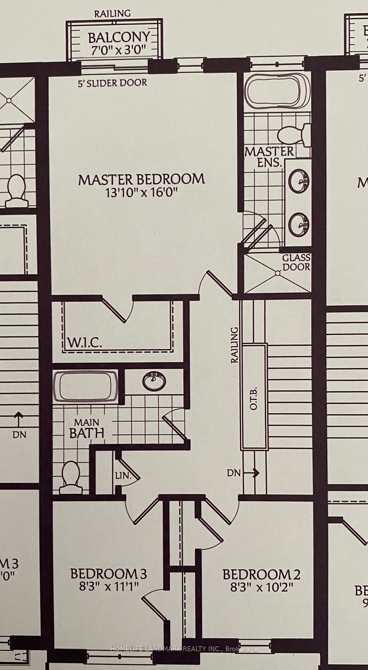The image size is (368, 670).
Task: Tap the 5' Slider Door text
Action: point(112,83)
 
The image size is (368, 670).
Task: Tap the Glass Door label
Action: point(296,262)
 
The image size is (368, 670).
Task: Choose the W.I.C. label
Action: point(84,343)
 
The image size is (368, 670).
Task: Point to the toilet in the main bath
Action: point(70,477)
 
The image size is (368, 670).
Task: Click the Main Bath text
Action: point(87,429)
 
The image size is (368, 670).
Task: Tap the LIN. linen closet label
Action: point(123,476)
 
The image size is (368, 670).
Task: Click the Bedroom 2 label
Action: point(261,574)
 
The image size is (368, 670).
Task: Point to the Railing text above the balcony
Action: point(112,14)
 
